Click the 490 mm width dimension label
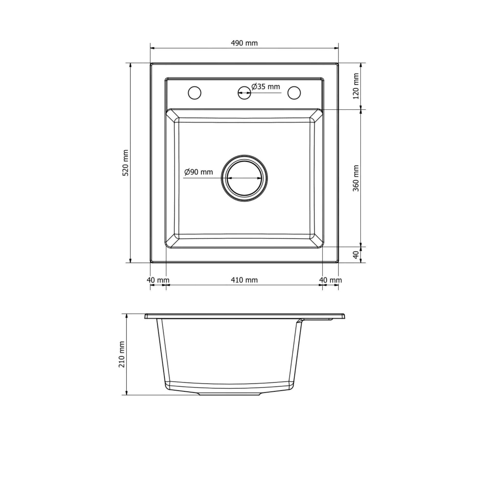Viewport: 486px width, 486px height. (x=244, y=43)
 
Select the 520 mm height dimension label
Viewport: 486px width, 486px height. (x=126, y=163)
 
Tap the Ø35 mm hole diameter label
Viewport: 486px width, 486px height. (x=266, y=87)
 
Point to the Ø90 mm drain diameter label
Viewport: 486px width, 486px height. (x=199, y=172)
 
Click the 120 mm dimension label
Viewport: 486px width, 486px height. (x=356, y=86)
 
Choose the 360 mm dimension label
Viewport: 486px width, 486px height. (x=356, y=178)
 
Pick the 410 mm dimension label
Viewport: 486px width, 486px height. (x=244, y=280)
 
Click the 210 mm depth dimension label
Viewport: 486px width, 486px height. (x=121, y=355)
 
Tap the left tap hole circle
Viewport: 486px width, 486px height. (x=194, y=93)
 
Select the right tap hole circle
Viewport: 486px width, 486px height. (x=294, y=93)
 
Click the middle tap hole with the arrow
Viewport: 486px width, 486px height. (x=244, y=93)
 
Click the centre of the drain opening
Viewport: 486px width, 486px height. (x=244, y=178)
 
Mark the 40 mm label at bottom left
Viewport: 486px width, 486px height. (x=158, y=280)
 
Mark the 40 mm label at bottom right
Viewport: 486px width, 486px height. (x=330, y=280)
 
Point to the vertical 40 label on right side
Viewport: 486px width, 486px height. (x=356, y=255)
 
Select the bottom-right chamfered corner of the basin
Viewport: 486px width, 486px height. (x=316, y=241)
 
